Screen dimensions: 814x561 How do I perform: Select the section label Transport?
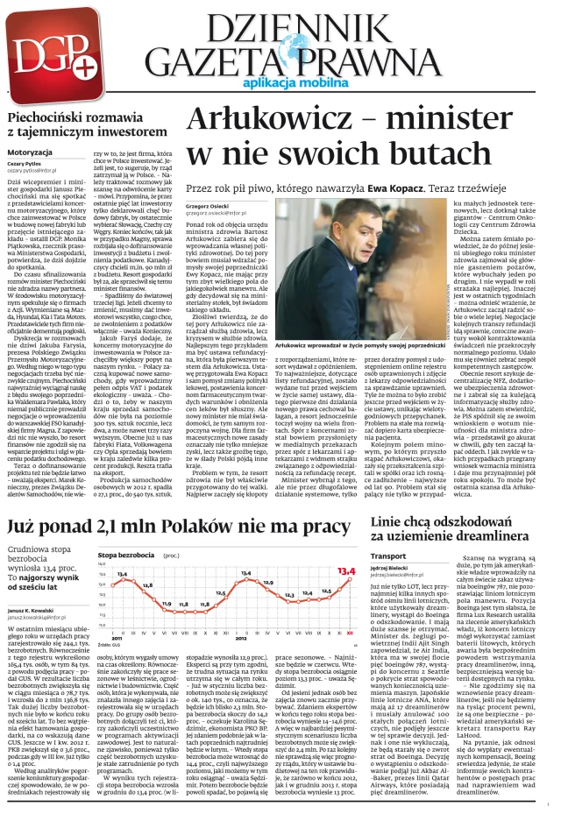tap(387, 556)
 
